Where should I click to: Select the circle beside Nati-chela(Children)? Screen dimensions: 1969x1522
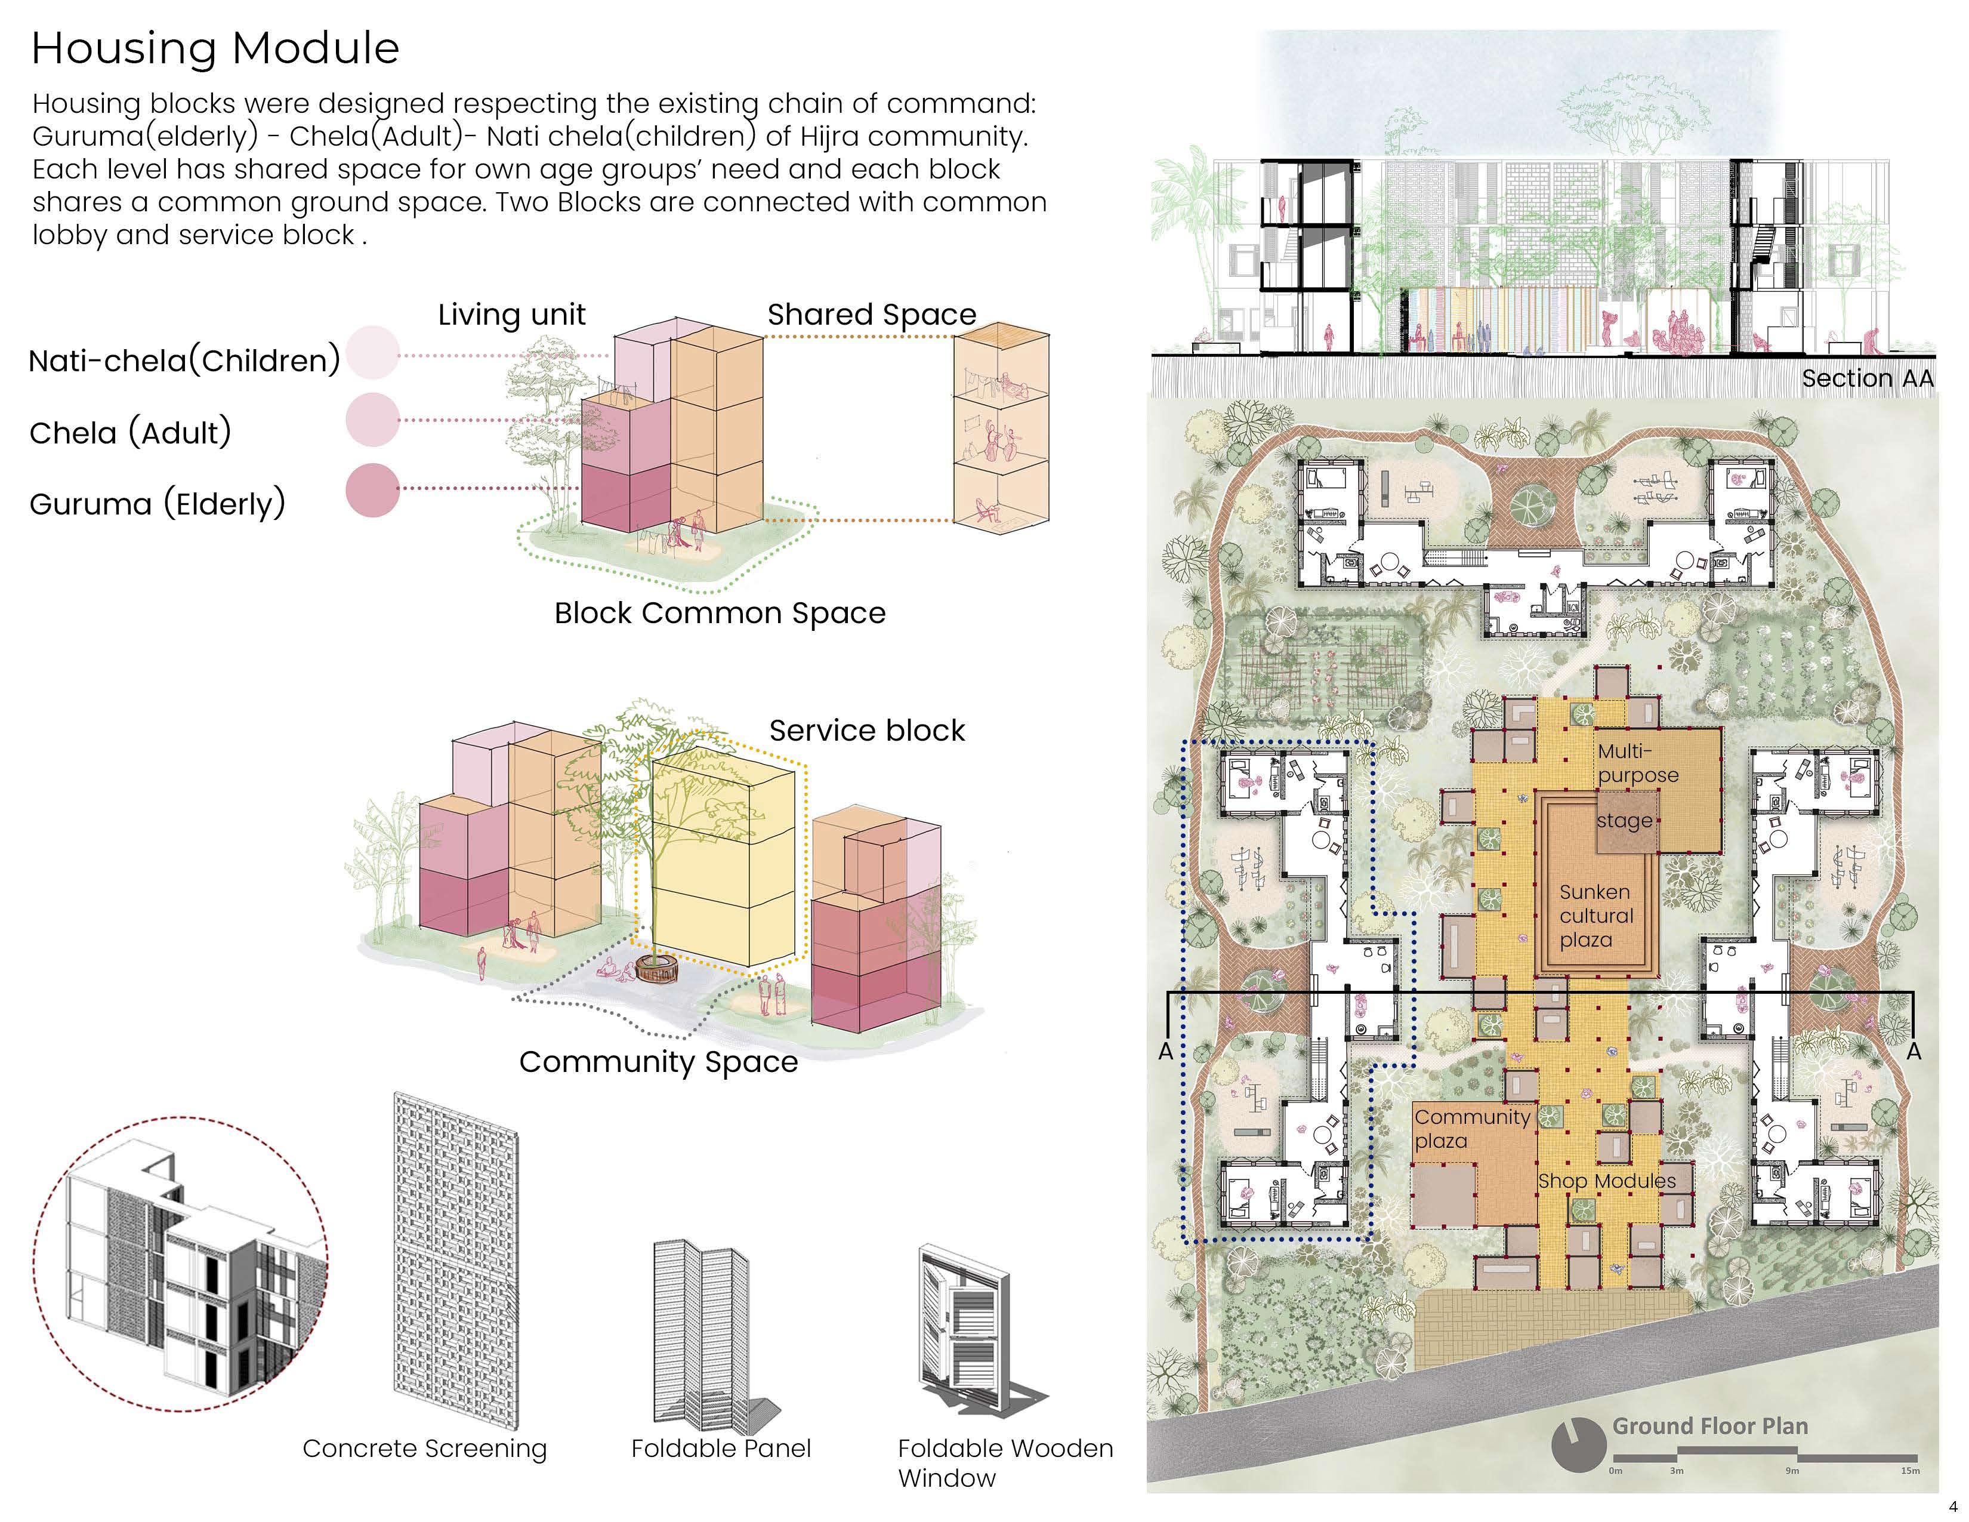coord(372,353)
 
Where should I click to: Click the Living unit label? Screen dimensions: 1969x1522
coord(511,315)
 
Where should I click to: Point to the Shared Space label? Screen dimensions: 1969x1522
coord(871,315)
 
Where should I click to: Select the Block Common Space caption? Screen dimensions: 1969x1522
coord(720,613)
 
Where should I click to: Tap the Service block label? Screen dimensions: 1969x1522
coord(866,731)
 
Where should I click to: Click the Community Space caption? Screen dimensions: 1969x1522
coord(658,1062)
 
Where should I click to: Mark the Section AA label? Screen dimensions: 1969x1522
coord(1867,378)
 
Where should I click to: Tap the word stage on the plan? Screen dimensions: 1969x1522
coord(1624,821)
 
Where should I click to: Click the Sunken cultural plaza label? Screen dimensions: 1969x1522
coord(1595,915)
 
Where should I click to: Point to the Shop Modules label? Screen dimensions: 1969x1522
coord(1607,1181)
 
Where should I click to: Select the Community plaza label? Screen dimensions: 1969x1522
coord(1471,1129)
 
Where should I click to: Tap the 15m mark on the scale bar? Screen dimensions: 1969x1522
coord(1909,1471)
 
